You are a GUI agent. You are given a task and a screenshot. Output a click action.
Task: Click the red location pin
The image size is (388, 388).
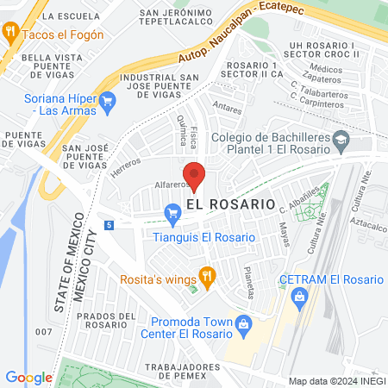[x=194, y=175]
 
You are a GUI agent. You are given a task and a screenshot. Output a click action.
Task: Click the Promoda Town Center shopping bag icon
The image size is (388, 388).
[x=244, y=325]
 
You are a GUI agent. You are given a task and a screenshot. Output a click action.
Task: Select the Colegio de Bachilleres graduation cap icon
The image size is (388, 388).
[x=341, y=138]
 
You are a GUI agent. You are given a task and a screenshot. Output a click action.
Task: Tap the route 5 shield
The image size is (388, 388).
[x=109, y=225]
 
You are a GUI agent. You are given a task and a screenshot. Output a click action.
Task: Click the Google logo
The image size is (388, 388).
[x=28, y=377]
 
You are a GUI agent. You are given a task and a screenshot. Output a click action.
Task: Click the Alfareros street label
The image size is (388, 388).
[x=171, y=184]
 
